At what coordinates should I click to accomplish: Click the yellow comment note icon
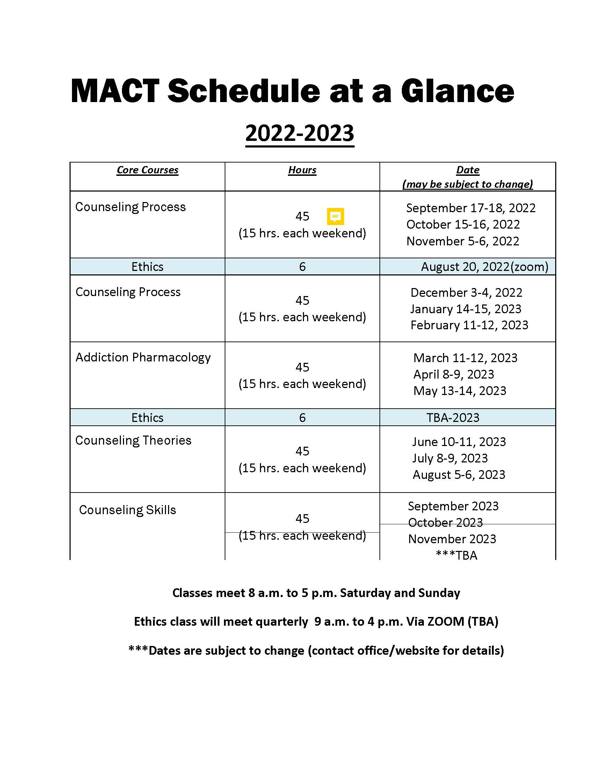(x=335, y=216)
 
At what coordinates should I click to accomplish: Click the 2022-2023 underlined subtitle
(x=299, y=133)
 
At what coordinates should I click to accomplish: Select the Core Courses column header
(x=147, y=170)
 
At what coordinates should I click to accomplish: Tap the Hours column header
(x=302, y=170)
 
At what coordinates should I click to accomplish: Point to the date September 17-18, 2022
(x=471, y=208)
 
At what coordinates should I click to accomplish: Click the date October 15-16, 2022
(x=463, y=225)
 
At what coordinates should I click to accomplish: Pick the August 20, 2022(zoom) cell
(x=484, y=267)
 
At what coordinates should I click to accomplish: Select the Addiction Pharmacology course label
(x=143, y=357)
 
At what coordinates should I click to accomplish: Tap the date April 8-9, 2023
(x=454, y=374)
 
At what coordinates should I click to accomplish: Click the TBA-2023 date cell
(x=452, y=418)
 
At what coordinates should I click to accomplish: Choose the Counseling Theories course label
(x=133, y=440)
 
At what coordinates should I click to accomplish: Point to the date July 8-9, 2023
(x=450, y=459)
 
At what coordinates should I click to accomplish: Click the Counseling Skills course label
(x=128, y=510)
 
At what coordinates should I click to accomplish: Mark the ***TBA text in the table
(x=456, y=555)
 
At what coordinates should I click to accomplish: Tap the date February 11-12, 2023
(x=469, y=325)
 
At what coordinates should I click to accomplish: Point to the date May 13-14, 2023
(x=459, y=391)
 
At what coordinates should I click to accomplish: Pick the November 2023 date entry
(x=452, y=539)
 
